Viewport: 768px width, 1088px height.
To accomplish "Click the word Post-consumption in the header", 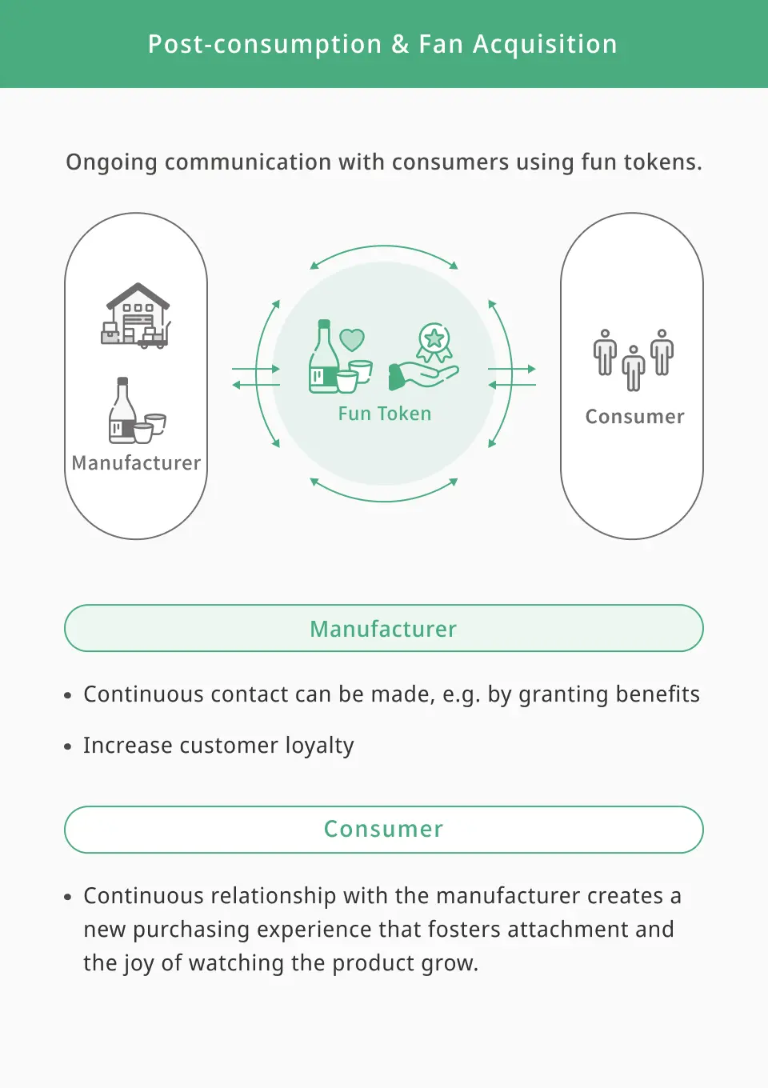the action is pyautogui.click(x=265, y=45).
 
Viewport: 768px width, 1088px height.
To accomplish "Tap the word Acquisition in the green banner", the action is pyautogui.click(x=545, y=44).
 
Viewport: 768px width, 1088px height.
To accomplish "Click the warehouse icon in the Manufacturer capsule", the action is pyautogui.click(x=137, y=315).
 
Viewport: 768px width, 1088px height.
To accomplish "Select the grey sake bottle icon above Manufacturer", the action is pyautogui.click(x=137, y=410).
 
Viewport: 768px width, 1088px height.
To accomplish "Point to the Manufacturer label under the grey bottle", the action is pyautogui.click(x=136, y=463).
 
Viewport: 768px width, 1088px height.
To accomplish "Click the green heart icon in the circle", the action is pyautogui.click(x=352, y=339).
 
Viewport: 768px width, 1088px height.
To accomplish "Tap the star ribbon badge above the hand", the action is pyautogui.click(x=434, y=342).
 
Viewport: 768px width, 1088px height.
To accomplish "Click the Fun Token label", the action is pyautogui.click(x=385, y=414).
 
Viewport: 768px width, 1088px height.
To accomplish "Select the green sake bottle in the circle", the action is pyautogui.click(x=322, y=356).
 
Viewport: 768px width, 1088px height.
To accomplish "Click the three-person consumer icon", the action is pyautogui.click(x=633, y=360).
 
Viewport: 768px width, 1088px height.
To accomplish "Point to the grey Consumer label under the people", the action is pyautogui.click(x=634, y=417).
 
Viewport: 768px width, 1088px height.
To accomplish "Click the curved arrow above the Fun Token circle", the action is pyautogui.click(x=384, y=246).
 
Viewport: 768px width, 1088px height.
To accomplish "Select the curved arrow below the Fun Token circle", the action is pyautogui.click(x=384, y=501).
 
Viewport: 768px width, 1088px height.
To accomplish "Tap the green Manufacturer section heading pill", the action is pyautogui.click(x=384, y=628).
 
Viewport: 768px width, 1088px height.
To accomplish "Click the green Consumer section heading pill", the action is pyautogui.click(x=384, y=829).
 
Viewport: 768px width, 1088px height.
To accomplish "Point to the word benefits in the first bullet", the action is pyautogui.click(x=658, y=694).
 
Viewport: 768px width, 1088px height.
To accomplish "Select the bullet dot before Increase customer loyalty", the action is pyautogui.click(x=68, y=746).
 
